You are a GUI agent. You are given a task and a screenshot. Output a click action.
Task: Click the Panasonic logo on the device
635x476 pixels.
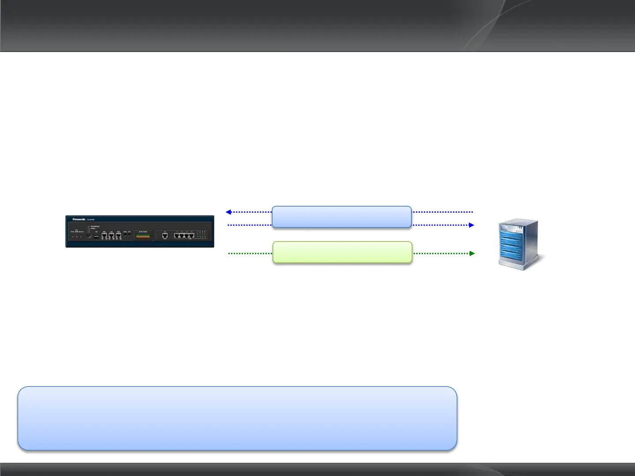click(79, 219)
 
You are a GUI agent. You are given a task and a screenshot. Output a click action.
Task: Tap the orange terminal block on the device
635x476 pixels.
click(143, 236)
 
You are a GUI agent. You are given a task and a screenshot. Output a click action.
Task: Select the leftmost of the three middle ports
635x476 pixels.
click(105, 236)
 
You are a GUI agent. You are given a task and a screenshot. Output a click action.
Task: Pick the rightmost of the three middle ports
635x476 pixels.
click(118, 236)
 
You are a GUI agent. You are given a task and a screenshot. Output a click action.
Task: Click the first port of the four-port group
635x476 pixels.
click(177, 235)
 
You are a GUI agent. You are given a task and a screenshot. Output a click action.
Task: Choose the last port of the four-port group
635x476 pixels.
click(191, 235)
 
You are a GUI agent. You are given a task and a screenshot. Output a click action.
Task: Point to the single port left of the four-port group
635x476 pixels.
click(165, 235)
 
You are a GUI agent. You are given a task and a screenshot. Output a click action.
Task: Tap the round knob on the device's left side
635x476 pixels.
click(89, 235)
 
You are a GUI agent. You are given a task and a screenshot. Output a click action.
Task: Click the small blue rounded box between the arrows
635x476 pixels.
click(342, 217)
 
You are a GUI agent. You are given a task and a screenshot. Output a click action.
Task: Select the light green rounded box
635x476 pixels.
click(342, 252)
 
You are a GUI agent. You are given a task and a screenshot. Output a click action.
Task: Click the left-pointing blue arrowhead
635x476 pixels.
click(228, 212)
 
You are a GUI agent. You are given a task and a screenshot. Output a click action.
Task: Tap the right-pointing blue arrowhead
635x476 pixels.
click(471, 225)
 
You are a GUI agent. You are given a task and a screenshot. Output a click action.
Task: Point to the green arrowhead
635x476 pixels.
click(472, 253)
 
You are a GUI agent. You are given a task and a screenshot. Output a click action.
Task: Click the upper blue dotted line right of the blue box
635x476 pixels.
click(442, 212)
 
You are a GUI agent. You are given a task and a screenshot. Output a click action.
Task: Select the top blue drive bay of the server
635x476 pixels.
click(512, 233)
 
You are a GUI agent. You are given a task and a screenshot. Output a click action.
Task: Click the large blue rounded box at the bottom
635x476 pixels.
click(237, 418)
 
